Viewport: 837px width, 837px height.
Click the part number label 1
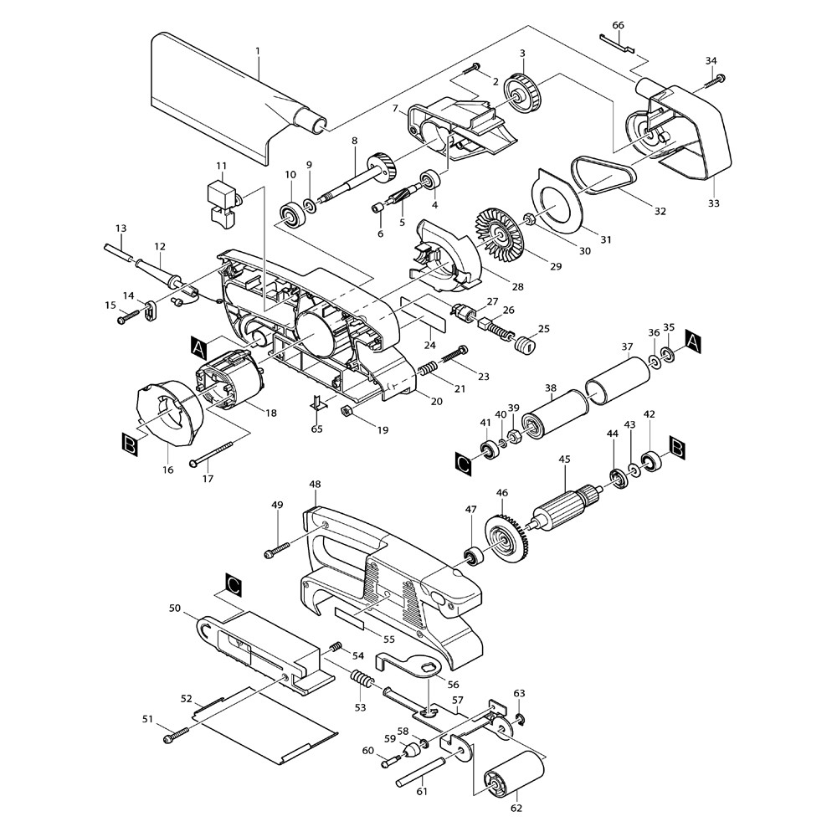[x=258, y=51]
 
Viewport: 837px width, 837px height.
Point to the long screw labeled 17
[x=218, y=449]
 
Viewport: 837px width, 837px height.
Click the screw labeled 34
[x=714, y=81]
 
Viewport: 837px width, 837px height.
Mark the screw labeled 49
[x=277, y=550]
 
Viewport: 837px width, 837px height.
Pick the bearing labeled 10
[x=292, y=215]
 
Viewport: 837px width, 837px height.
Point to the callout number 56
[x=452, y=684]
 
